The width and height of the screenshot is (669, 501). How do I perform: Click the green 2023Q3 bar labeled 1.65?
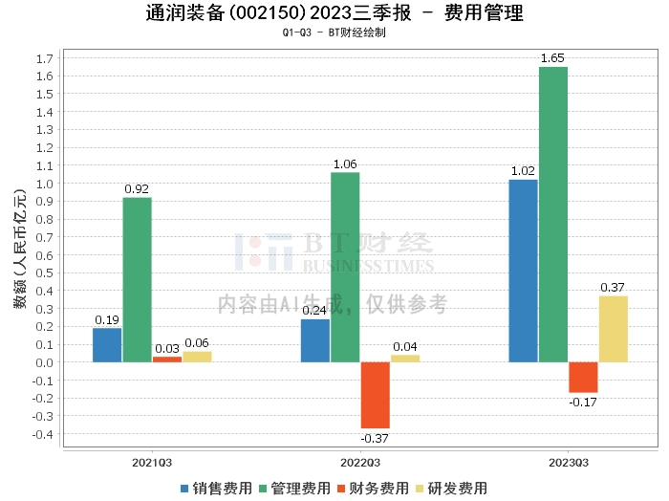tap(553, 214)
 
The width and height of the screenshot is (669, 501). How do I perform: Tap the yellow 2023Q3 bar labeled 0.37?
tap(614, 329)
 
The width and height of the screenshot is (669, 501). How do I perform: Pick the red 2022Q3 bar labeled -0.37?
tap(375, 395)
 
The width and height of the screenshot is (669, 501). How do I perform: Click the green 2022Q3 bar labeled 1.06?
tap(345, 267)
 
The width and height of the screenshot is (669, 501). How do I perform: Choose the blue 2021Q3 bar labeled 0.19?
tap(107, 345)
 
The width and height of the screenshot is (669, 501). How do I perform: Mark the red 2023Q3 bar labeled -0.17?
tap(583, 378)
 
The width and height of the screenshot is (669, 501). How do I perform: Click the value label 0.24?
tap(314, 311)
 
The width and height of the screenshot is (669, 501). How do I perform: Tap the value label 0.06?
tap(197, 343)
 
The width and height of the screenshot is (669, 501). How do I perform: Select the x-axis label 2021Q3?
tap(152, 463)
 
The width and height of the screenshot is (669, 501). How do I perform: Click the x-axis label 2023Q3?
tap(568, 463)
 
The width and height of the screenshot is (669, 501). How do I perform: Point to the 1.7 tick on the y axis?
tap(43, 58)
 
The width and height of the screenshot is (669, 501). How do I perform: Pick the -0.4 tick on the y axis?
tap(41, 434)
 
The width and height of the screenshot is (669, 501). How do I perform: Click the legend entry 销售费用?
tap(215, 489)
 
